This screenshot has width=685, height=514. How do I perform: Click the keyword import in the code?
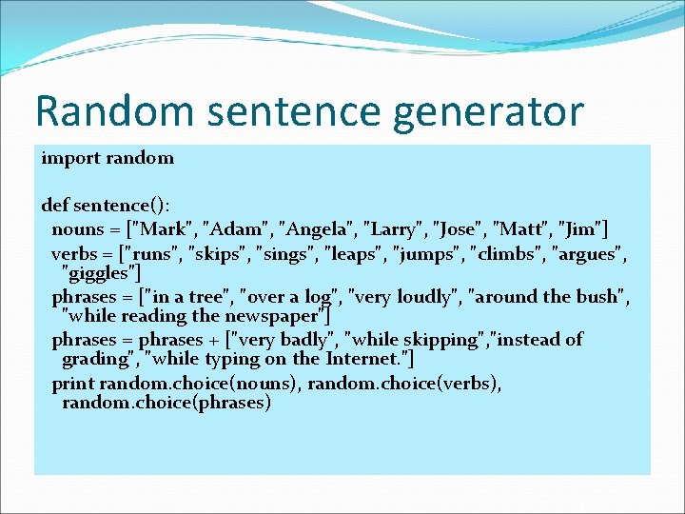(70, 158)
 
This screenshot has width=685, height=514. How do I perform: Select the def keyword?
(55, 205)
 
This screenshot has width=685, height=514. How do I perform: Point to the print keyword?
(72, 383)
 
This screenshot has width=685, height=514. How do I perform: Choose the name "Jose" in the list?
(461, 228)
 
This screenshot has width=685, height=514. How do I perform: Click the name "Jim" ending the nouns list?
(578, 228)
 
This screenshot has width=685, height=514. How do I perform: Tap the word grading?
(95, 359)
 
